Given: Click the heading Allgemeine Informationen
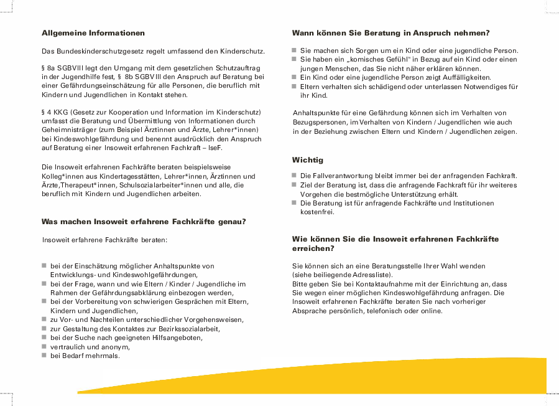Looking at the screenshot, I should pos(93,33).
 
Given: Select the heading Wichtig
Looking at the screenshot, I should pos(308,160).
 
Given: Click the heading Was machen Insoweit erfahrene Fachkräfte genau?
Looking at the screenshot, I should pos(144,222).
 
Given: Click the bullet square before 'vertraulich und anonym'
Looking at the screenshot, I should pos(44,347).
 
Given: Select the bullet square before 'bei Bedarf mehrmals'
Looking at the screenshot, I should pos(44,356).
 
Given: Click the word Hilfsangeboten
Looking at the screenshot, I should pos(175,338).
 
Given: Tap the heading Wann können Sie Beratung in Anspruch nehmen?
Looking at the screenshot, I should pos(390,33).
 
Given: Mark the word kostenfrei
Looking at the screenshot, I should pos(318,212).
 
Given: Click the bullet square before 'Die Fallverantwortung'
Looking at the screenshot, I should pos(295,176).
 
